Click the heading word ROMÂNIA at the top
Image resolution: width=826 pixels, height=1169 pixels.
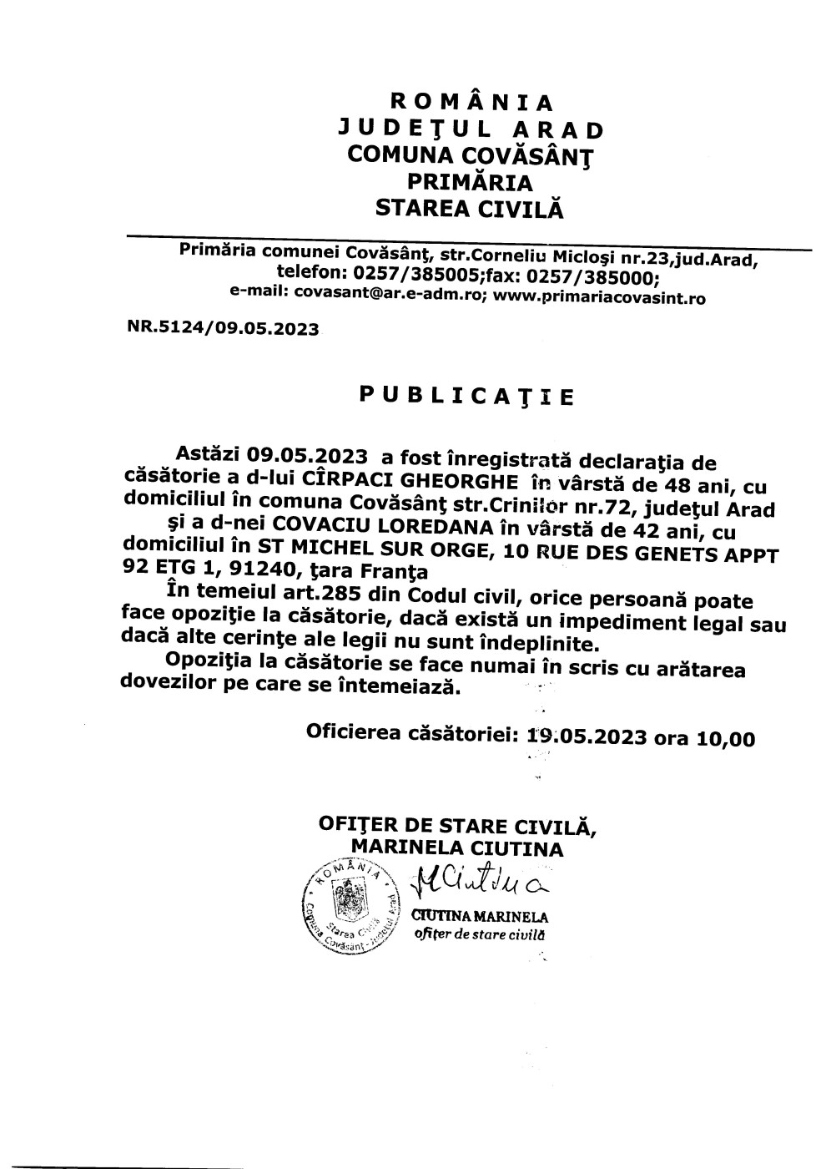tap(472, 103)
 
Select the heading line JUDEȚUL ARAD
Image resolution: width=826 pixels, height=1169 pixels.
tap(471, 129)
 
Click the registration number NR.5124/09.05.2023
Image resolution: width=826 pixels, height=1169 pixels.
tap(223, 328)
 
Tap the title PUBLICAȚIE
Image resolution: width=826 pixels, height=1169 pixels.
tap(466, 395)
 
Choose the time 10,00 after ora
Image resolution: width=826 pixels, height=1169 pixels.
tap(723, 738)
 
